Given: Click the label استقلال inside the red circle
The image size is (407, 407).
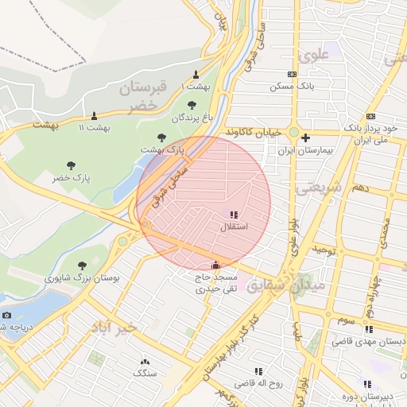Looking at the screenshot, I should [x=234, y=227].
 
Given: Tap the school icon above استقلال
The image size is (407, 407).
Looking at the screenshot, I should [x=233, y=215].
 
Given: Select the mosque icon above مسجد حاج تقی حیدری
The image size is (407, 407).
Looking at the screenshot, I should [x=215, y=266].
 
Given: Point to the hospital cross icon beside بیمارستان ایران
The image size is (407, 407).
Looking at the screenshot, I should [x=304, y=137].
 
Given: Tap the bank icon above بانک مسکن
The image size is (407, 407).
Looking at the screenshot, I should [x=292, y=74].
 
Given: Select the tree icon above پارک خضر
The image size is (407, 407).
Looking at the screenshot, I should [x=72, y=165].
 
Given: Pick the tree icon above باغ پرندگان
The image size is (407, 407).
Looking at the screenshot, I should [x=191, y=105].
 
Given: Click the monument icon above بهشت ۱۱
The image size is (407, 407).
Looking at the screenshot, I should [x=94, y=116].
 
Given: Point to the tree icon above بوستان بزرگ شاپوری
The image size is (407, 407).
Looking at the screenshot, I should [x=83, y=266].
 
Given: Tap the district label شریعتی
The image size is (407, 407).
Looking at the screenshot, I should [x=318, y=188].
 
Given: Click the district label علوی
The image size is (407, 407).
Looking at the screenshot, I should [x=312, y=56].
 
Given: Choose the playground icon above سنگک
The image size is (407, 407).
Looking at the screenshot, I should [x=145, y=361].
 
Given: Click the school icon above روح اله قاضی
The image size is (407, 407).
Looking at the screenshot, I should [x=258, y=371].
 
